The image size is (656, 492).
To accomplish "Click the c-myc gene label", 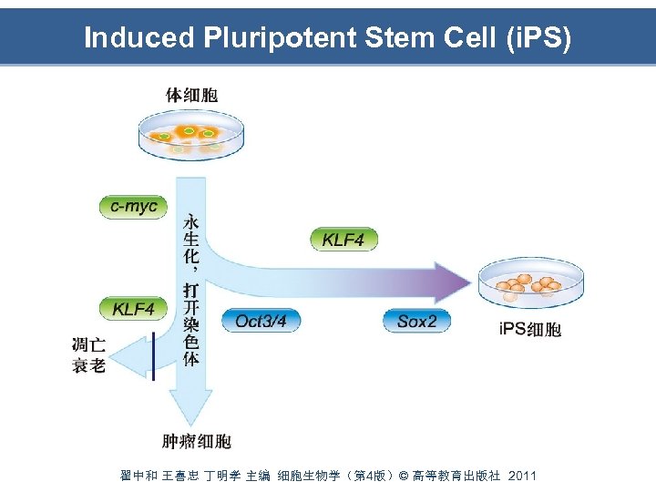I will [x=134, y=207].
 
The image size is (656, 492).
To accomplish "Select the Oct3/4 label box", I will [x=261, y=320].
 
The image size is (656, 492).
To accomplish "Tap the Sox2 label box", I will [x=417, y=320].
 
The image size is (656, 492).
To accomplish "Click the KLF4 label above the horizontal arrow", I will [x=343, y=240].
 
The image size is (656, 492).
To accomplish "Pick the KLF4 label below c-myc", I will [x=134, y=309].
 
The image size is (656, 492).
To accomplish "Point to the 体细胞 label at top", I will [x=191, y=95].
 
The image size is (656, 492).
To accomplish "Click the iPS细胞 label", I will [x=531, y=329].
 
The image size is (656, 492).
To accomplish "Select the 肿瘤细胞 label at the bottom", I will [x=197, y=442].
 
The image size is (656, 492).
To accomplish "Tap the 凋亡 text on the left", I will [x=88, y=345].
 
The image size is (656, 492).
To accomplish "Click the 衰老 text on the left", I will [x=88, y=366].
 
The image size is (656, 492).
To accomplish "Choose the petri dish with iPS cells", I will [x=530, y=283].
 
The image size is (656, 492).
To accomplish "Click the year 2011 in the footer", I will [x=523, y=476].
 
